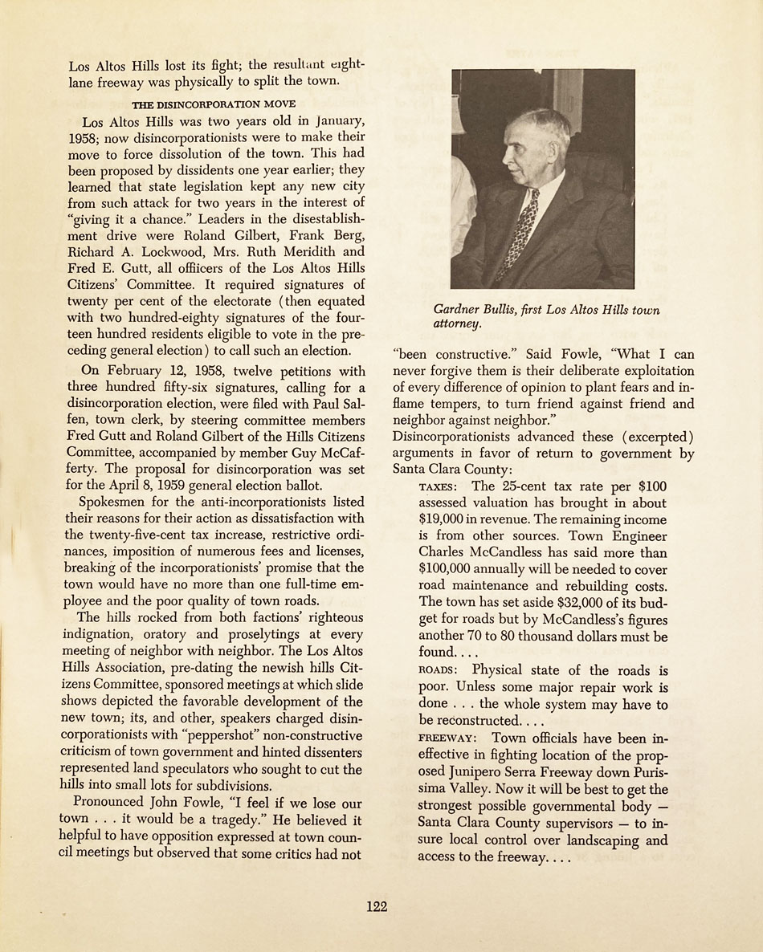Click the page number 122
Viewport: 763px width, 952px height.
[x=377, y=906]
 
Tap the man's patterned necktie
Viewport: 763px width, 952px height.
[x=520, y=233]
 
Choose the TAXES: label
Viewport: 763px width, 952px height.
[x=439, y=487]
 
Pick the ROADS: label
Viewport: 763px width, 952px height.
[x=439, y=670]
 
